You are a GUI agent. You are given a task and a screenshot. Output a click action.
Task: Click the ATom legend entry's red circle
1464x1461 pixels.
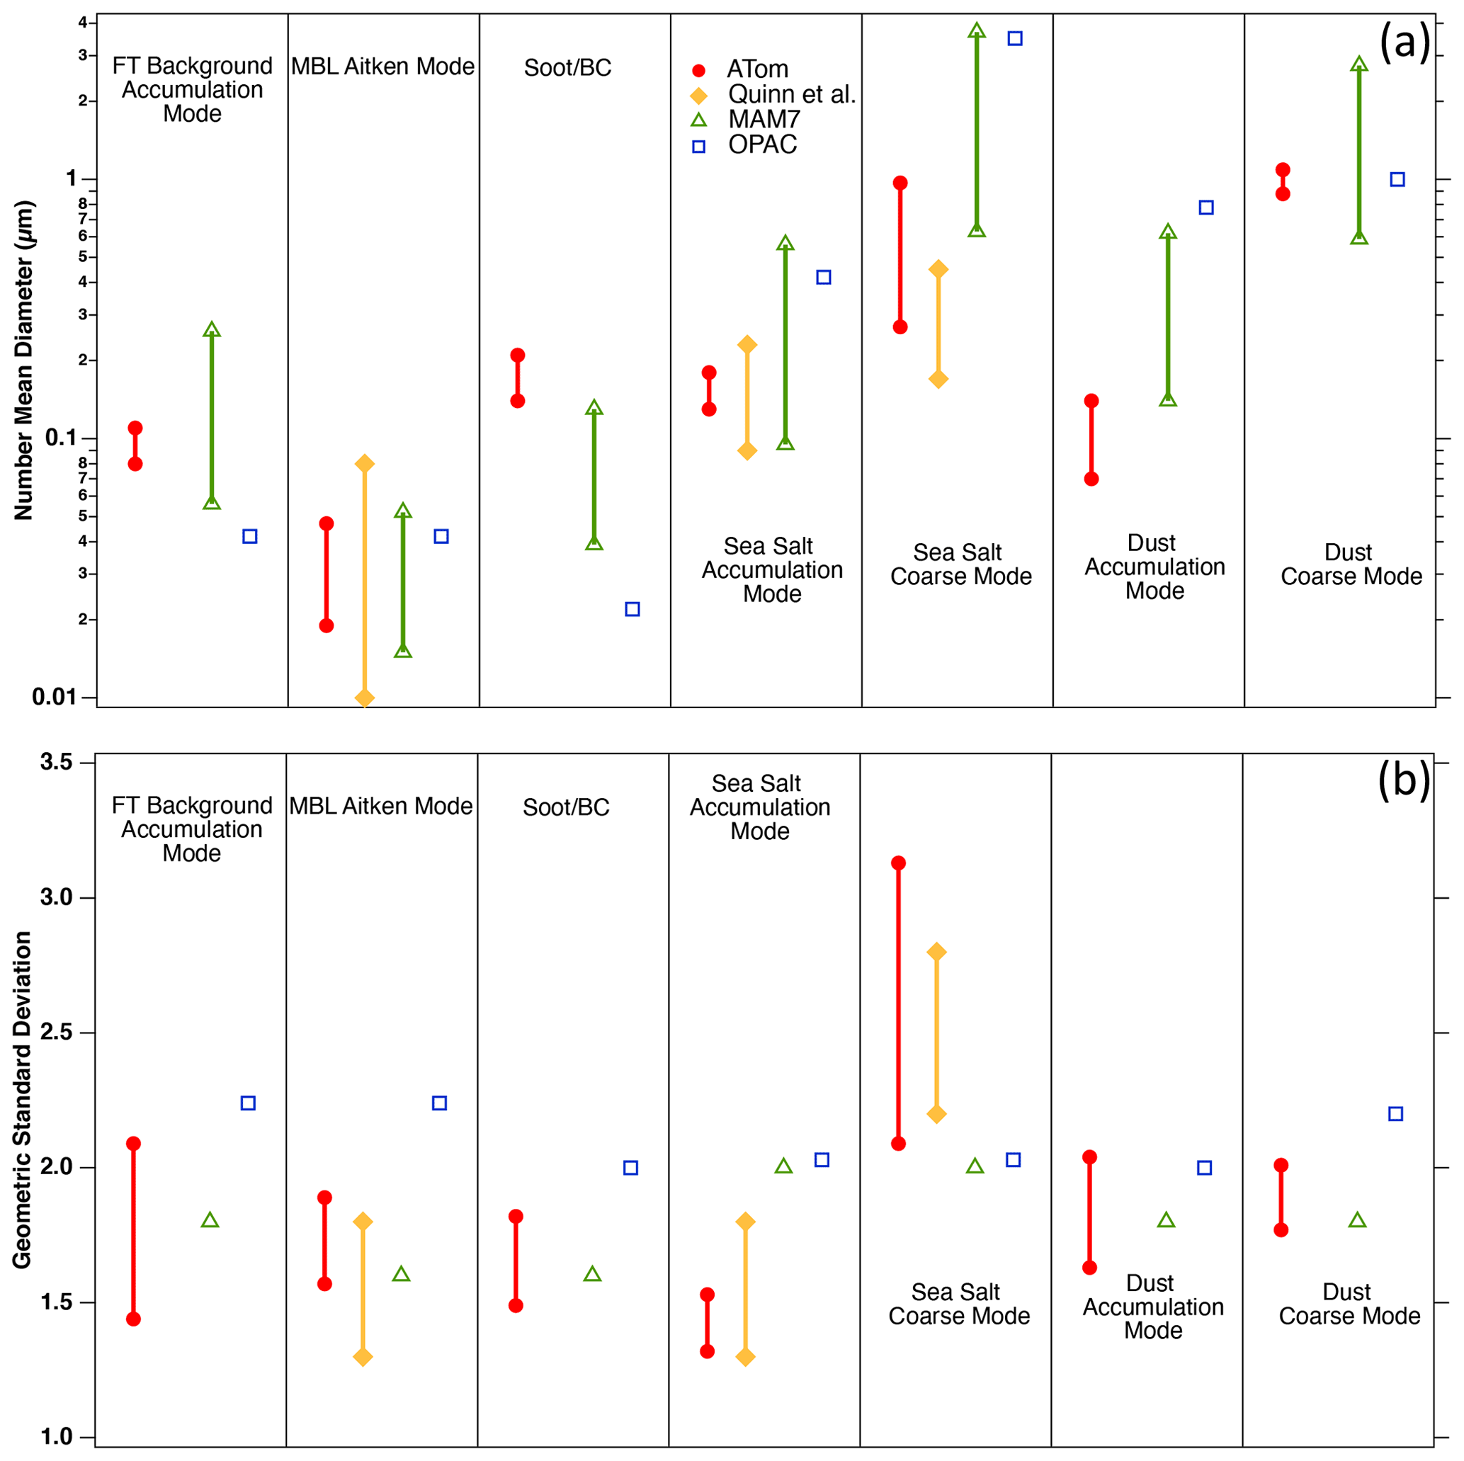click(698, 71)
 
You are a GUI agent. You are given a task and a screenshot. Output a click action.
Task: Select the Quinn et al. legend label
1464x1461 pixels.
click(791, 95)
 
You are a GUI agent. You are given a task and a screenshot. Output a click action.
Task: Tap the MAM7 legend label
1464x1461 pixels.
click(764, 119)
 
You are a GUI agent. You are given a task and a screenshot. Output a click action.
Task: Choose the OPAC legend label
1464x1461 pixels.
click(762, 144)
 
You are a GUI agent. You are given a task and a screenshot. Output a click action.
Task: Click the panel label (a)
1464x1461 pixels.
click(1404, 42)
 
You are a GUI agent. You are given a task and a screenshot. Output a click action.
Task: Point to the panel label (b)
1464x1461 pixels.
click(1403, 779)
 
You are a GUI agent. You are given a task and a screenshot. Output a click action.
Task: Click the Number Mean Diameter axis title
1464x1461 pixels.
click(24, 360)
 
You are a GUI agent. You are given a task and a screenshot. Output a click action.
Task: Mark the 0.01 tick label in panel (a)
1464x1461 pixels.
click(54, 696)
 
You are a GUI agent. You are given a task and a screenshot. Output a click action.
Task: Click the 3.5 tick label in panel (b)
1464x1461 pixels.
click(57, 761)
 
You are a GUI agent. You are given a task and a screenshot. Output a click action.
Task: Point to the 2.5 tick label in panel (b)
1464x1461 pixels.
click(57, 1031)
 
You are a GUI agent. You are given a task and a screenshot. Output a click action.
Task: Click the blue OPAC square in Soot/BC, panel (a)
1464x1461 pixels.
click(632, 609)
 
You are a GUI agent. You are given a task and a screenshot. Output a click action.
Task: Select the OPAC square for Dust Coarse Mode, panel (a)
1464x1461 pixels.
click(1397, 180)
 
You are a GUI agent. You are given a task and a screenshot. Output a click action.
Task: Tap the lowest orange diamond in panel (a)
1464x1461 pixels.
click(365, 697)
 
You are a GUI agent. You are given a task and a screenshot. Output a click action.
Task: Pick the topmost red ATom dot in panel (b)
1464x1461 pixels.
click(898, 863)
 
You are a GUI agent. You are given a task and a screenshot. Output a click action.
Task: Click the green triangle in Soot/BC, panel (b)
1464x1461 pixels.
click(593, 1274)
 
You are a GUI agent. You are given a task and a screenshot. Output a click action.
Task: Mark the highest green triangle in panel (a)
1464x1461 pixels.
click(977, 30)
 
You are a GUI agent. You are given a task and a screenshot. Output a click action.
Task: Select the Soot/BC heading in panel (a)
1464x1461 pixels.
click(567, 67)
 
